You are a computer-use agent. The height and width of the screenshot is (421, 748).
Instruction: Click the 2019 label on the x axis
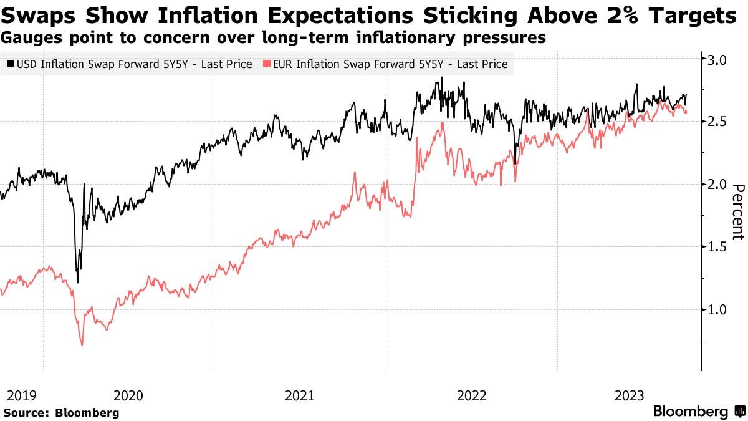[x=20, y=395]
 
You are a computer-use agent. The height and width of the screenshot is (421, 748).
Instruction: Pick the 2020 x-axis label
[x=129, y=395]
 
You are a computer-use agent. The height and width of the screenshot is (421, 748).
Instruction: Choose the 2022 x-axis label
[x=471, y=395]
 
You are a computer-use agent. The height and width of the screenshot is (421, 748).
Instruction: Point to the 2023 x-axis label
[x=630, y=395]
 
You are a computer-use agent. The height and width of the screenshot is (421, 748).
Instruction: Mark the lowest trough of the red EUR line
[x=82, y=344]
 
